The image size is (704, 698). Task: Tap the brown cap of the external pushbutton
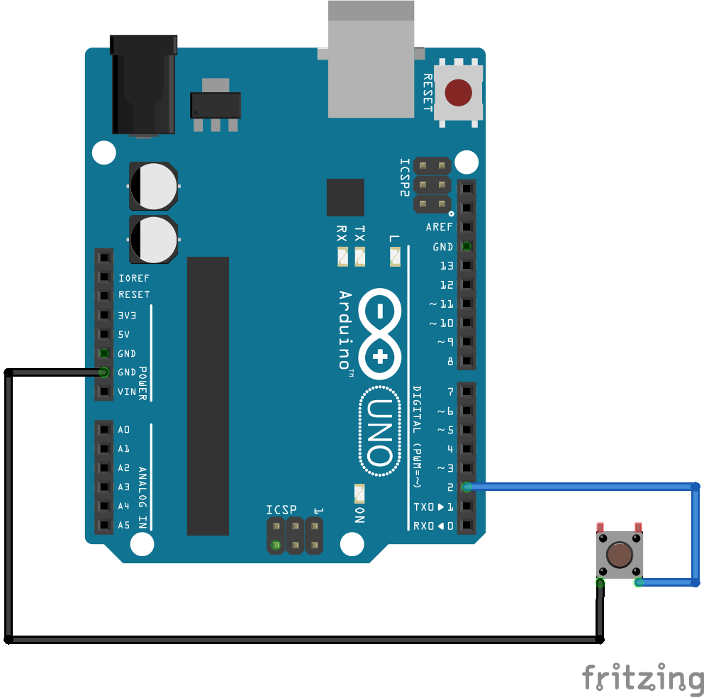tap(620, 555)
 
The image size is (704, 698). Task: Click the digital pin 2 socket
tap(466, 487)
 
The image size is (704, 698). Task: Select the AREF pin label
tap(440, 227)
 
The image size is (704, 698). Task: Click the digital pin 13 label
tap(447, 266)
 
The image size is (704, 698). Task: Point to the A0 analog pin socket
tap(104, 429)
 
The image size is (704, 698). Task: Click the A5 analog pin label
tap(124, 526)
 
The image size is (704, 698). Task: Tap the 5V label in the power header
tap(124, 334)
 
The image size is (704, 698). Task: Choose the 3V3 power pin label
tap(127, 315)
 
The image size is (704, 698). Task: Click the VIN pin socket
tap(104, 392)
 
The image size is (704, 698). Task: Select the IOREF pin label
tap(134, 278)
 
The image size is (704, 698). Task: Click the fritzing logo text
tap(642, 677)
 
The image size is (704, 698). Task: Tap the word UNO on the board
tap(378, 432)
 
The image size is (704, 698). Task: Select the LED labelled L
tap(396, 256)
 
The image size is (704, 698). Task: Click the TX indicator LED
tap(360, 256)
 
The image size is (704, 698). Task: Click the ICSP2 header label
tap(405, 177)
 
